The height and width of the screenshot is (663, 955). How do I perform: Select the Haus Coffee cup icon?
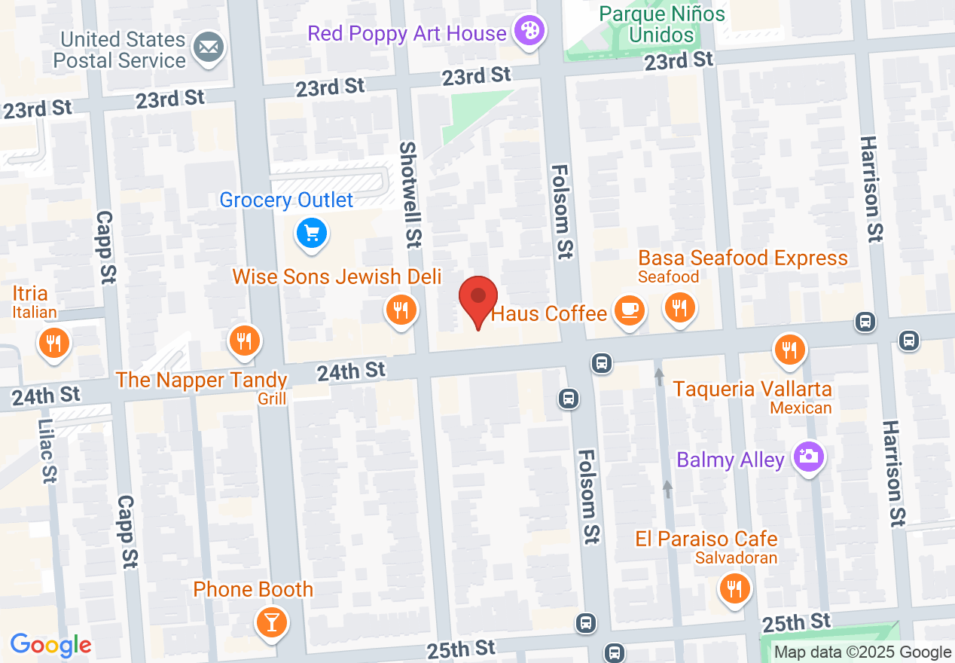(x=629, y=310)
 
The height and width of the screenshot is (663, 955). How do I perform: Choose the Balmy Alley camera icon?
(x=808, y=457)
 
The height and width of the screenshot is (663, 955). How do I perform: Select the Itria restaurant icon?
(x=53, y=343)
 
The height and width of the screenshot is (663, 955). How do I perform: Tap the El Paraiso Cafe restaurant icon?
(x=734, y=588)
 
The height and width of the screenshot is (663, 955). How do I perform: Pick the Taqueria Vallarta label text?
(x=752, y=389)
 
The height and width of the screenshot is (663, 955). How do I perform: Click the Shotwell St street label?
(x=411, y=194)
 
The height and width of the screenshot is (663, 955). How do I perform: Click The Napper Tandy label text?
(x=201, y=380)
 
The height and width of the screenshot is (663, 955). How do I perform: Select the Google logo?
(x=50, y=645)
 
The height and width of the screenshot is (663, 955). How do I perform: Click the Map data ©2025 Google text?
(x=863, y=652)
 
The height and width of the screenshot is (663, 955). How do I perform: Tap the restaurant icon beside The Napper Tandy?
(x=243, y=341)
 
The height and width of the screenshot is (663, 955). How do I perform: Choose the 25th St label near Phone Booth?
(x=461, y=649)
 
